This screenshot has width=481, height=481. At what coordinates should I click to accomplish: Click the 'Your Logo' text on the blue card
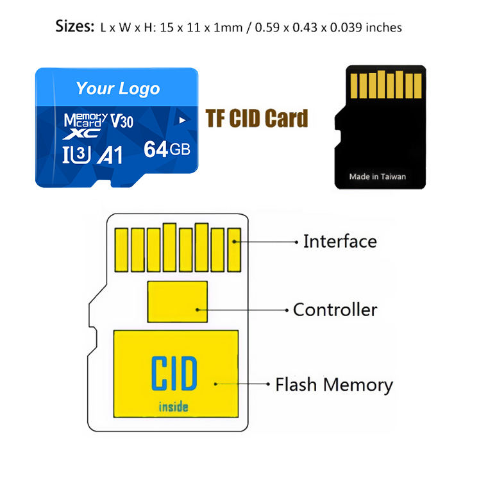pos(117,89)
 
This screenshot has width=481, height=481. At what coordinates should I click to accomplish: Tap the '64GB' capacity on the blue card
pos(167,149)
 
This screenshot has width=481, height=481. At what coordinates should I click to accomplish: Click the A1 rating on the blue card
pos(109,155)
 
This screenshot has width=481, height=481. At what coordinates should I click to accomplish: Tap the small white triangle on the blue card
pos(182,119)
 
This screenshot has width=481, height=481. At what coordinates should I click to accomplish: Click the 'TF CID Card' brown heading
pos(257,119)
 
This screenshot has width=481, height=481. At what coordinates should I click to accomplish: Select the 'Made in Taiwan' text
pos(377,176)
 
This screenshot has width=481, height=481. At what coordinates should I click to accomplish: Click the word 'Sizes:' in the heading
pos(75,26)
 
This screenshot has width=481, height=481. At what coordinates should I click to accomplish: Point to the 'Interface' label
pos(339,242)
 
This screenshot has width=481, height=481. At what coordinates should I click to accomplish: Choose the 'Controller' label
pos(335,310)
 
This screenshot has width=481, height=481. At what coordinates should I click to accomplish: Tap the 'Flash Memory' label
pos(333,385)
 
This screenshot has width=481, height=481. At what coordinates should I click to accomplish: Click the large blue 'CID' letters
pos(174,375)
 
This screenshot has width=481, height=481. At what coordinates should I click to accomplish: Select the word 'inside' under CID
pos(174,406)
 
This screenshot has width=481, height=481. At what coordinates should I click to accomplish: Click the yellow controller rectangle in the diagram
pos(177,301)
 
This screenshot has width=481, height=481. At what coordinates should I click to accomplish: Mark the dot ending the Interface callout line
pos(296,242)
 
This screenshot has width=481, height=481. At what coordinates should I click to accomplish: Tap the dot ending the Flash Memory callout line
pos(268,385)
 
